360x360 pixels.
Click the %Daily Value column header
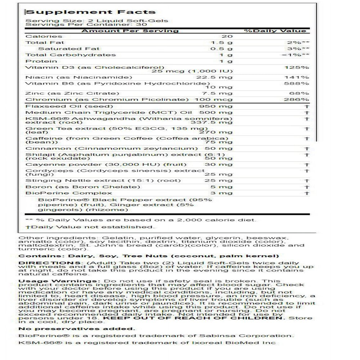275,31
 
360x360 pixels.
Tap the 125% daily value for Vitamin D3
301,67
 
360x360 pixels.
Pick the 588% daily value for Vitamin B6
301,84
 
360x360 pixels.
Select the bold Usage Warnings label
45,281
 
